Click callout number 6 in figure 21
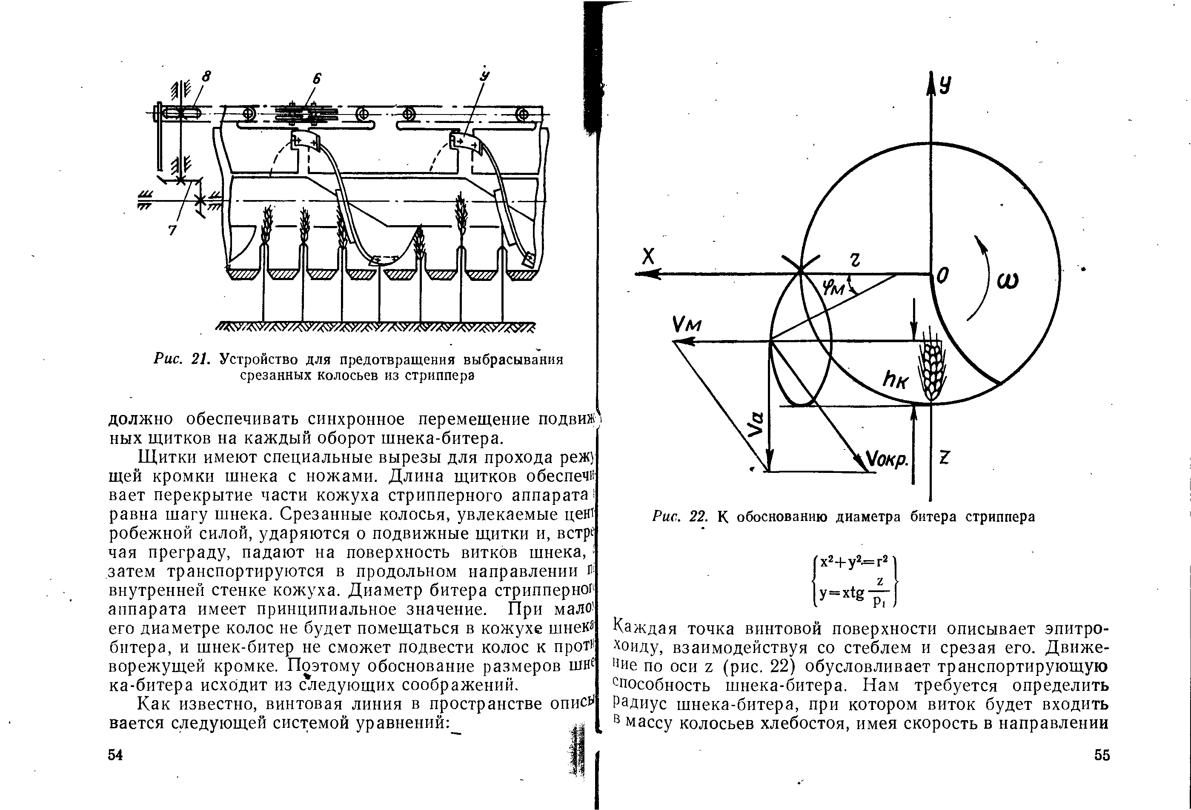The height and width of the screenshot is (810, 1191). [x=317, y=78]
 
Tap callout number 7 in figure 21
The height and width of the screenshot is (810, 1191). [x=173, y=231]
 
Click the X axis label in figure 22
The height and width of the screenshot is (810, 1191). [x=649, y=257]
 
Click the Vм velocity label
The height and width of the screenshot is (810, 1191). [x=686, y=325]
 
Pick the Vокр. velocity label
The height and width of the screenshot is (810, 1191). [x=887, y=458]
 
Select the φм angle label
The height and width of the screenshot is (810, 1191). [x=834, y=289]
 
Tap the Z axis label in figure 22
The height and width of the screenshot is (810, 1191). [x=945, y=457]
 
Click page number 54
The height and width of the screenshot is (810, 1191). [x=115, y=755]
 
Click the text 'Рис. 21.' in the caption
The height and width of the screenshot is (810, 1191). [x=182, y=360]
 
